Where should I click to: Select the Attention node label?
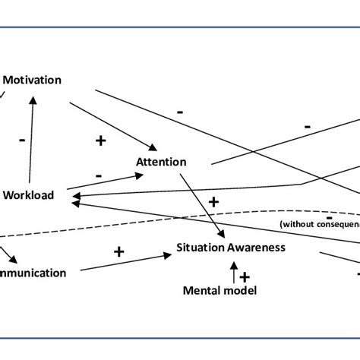(x=160, y=162)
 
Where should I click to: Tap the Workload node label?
(x=29, y=195)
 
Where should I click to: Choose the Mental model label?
(x=220, y=290)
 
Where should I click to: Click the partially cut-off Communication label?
(x=33, y=273)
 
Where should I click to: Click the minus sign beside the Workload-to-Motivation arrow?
(x=22, y=140)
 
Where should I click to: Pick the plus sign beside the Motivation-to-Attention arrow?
(x=99, y=140)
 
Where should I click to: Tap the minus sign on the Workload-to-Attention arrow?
(x=99, y=175)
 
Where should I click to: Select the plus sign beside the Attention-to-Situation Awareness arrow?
(x=213, y=201)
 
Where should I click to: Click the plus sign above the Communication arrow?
(x=118, y=251)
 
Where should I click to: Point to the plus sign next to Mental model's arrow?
(x=245, y=277)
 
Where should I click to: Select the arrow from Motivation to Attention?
(x=114, y=123)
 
